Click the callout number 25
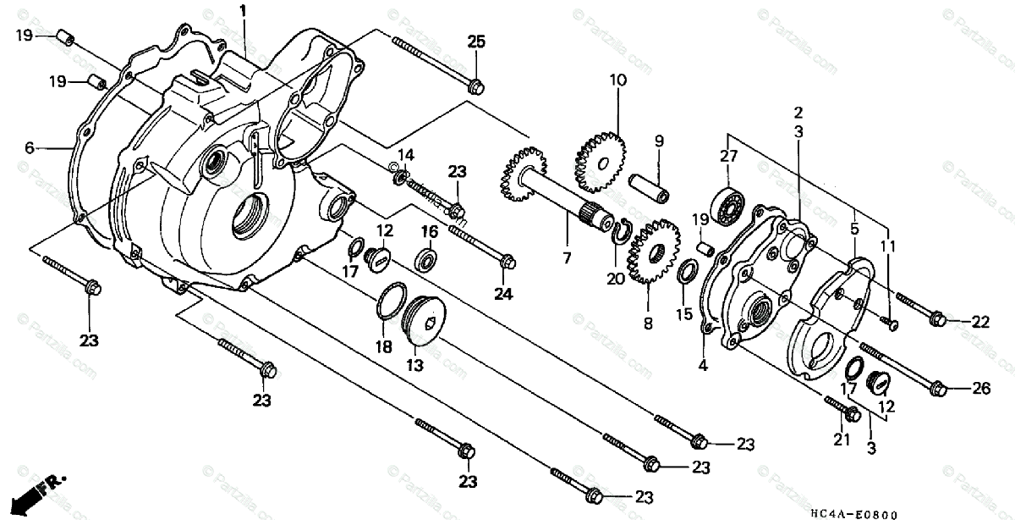click(x=476, y=42)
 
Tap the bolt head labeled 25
click(x=475, y=86)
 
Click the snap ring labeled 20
click(x=622, y=231)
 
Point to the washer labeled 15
click(x=688, y=272)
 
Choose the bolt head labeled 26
click(x=936, y=389)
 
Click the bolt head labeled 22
click(x=936, y=318)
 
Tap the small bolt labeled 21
click(x=851, y=414)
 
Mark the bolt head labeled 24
click(x=507, y=262)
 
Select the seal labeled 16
click(x=427, y=256)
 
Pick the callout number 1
click(x=243, y=12)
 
